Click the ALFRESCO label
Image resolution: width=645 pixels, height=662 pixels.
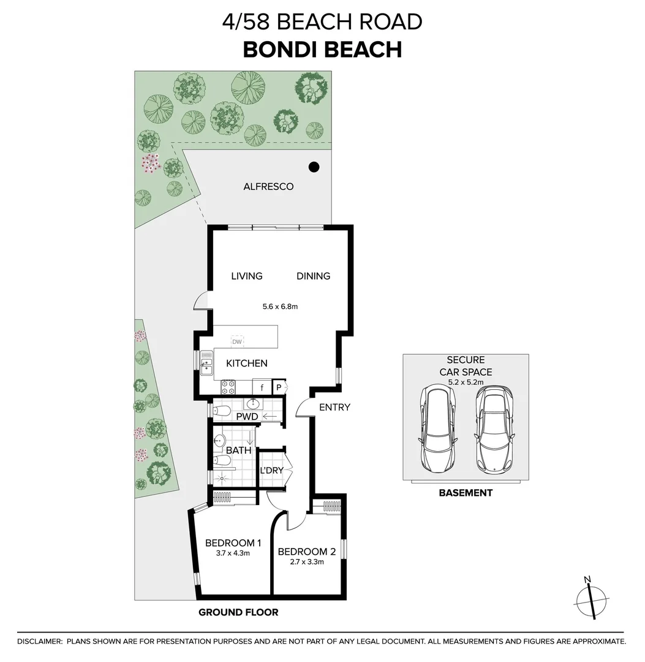268,186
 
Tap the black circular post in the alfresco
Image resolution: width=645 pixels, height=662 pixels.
314,166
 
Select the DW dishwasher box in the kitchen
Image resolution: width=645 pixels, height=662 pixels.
237,341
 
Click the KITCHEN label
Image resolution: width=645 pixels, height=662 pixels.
247,363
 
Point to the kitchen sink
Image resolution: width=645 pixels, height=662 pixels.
206,363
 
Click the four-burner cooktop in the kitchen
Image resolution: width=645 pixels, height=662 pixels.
228,387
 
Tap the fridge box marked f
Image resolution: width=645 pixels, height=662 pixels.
262,387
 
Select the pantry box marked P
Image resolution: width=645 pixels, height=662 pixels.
278,387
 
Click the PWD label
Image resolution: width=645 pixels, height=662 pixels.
247,417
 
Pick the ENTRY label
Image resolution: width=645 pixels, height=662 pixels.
334,407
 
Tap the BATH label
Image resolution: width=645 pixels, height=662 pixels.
239,451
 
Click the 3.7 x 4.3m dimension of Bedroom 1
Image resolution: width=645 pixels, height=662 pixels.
233,553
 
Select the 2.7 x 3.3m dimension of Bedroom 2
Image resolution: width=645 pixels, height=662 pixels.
305,561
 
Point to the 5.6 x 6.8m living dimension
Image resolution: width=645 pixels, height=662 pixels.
281,306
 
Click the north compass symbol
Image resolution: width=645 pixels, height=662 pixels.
591,598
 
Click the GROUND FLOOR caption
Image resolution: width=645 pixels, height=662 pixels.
238,612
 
